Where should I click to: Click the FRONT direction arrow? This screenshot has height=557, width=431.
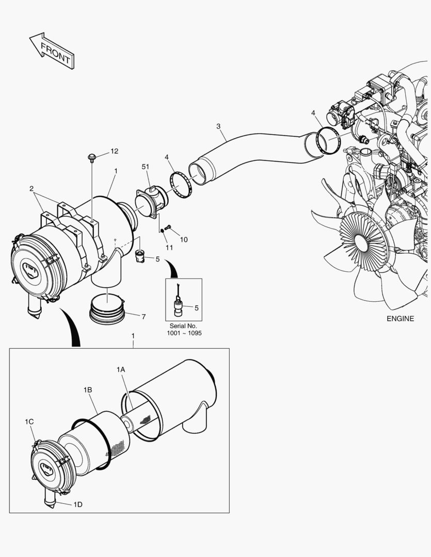point(52,51)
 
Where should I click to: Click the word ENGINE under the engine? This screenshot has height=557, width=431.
point(400,318)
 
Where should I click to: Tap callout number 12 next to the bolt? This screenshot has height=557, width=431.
point(114,151)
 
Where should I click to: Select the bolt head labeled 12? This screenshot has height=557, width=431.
point(92,156)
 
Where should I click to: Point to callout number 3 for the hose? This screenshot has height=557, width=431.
point(218,126)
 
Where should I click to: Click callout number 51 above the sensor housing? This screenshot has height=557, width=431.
point(146,167)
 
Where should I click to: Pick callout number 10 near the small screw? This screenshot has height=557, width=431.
point(184,239)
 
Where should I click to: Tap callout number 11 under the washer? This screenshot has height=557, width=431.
point(169,248)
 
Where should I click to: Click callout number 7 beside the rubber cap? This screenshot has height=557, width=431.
point(143,316)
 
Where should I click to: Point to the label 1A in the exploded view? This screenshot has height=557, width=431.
point(121,369)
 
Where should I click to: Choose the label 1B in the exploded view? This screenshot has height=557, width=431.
point(87,390)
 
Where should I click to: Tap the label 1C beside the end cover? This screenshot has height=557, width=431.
point(29,422)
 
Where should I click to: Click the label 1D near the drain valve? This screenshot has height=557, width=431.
point(77,504)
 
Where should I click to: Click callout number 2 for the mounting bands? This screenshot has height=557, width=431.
point(31,188)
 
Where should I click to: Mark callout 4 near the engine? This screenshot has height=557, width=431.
point(313,112)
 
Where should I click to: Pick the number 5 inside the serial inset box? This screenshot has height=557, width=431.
point(196,307)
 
